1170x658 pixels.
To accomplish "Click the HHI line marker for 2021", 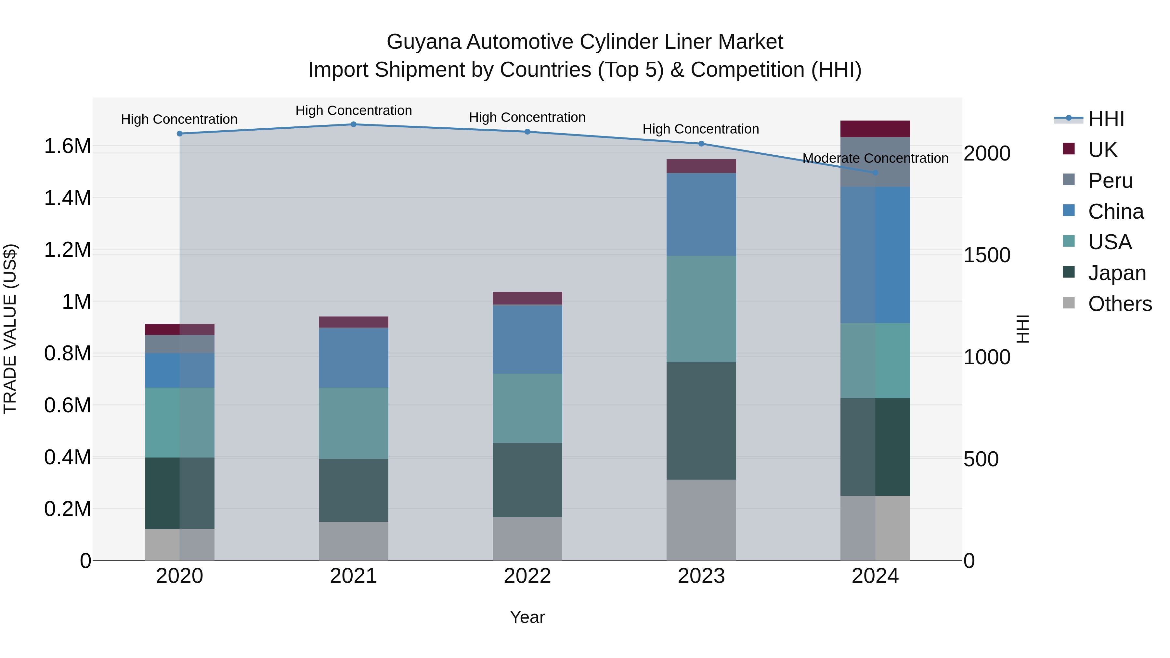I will [x=353, y=124].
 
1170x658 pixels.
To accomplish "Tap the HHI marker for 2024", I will [x=875, y=173].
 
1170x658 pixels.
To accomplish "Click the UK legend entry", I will [x=1102, y=150].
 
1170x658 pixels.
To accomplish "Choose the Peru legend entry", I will [x=1110, y=181].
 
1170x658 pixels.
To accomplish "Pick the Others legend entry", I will [x=1120, y=304].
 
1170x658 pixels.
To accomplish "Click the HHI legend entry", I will [x=1106, y=119].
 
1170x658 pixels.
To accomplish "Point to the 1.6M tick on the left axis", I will [x=68, y=146].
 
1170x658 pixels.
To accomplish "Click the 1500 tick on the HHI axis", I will [x=986, y=255].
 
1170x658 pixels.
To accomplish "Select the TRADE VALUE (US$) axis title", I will [x=10, y=329].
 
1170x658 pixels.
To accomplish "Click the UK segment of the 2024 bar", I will [x=875, y=129].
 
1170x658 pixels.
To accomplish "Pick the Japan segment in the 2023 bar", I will [x=701, y=420].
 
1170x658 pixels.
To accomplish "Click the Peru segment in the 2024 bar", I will [x=875, y=162].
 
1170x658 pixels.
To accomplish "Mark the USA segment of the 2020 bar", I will [x=179, y=422].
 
